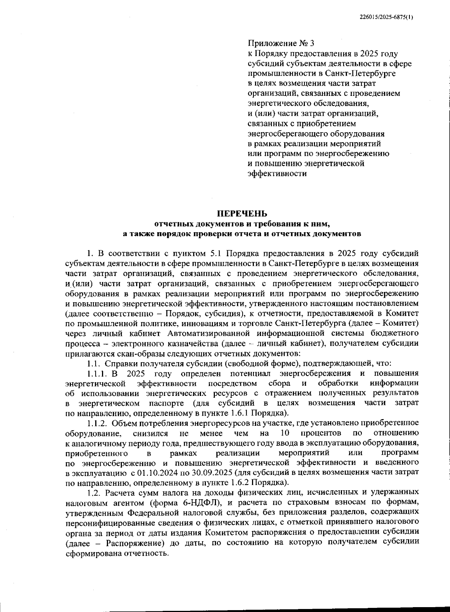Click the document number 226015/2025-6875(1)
(386, 17)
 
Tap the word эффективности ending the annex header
(277, 173)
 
